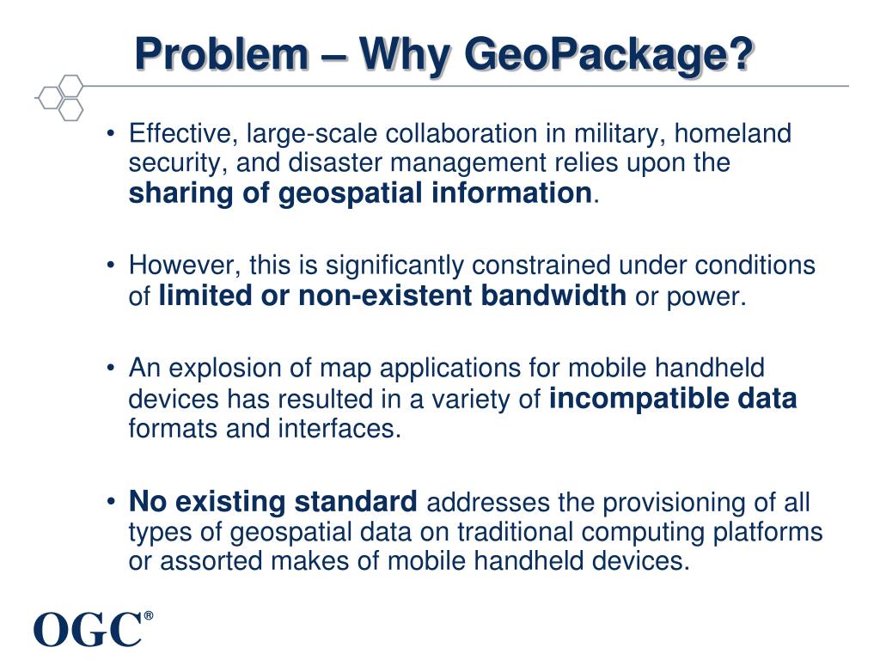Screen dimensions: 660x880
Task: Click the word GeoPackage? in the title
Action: [x=608, y=57]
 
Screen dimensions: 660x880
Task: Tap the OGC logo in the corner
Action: [x=88, y=629]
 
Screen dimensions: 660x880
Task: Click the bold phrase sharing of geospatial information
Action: [x=360, y=193]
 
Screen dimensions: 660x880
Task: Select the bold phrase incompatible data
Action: [x=672, y=399]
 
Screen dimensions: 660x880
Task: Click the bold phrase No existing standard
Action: [x=273, y=501]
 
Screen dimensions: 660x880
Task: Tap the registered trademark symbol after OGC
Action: [x=149, y=616]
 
